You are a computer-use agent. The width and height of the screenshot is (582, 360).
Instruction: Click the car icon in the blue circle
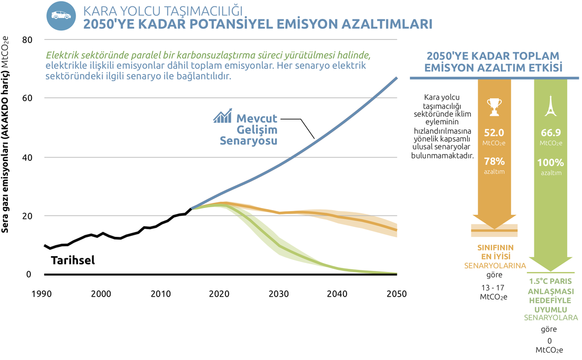(x=61, y=16)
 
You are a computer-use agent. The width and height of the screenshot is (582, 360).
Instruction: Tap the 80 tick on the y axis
(x=27, y=40)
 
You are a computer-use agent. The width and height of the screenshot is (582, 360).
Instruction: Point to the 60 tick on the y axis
(x=27, y=98)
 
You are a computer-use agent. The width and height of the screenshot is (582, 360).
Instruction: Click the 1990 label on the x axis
(x=44, y=294)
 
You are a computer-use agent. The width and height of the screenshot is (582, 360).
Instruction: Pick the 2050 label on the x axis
(x=396, y=294)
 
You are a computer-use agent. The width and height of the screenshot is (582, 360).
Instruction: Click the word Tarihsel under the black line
(x=73, y=259)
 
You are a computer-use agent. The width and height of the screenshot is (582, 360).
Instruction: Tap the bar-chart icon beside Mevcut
(x=222, y=116)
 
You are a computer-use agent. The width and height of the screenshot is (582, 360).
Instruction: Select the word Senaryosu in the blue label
(x=248, y=141)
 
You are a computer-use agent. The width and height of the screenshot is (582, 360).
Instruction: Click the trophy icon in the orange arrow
(x=494, y=106)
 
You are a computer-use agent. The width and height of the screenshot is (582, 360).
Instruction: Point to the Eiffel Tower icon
(x=551, y=106)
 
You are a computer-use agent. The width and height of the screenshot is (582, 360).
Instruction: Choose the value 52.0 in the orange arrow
(x=494, y=133)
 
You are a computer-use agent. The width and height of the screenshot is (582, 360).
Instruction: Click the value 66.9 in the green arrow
(x=551, y=133)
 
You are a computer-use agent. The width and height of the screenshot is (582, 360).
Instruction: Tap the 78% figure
(x=494, y=161)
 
